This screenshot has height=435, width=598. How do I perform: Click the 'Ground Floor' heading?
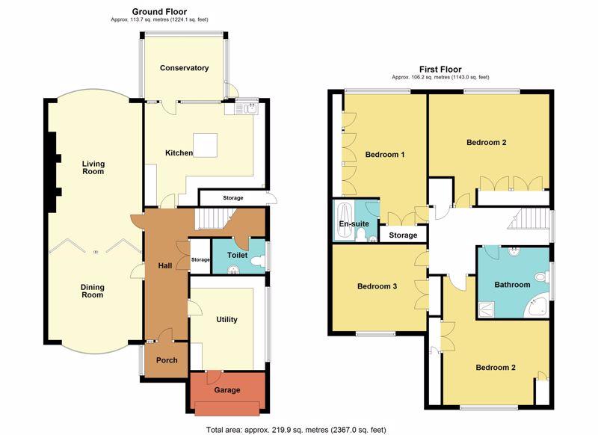point(160,12)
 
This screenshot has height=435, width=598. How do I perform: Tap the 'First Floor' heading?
point(440,69)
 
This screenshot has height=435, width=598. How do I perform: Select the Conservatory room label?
point(184,68)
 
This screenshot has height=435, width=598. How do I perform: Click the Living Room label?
point(93,167)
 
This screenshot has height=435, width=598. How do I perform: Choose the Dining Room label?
point(93,290)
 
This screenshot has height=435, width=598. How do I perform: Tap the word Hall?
point(165,265)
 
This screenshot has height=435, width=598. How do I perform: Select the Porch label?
point(167,360)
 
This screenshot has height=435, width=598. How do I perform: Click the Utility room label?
point(226,320)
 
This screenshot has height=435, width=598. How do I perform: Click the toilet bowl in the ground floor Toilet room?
point(256,262)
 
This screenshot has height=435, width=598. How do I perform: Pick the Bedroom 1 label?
point(384,155)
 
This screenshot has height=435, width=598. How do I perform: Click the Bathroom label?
point(512,285)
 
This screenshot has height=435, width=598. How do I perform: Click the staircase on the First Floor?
point(530,220)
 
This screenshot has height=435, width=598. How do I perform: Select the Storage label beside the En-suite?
point(403,235)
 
